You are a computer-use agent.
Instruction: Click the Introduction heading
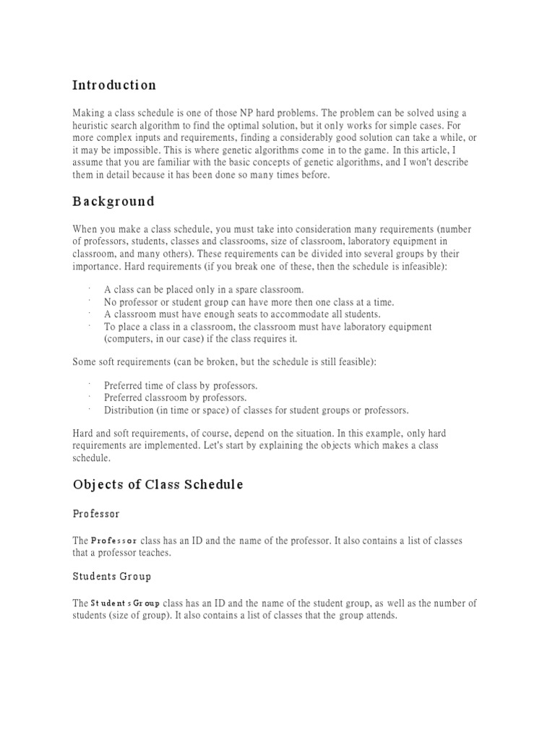[114, 85]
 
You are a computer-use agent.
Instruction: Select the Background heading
[113, 201]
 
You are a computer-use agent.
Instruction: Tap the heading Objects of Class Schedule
[158, 485]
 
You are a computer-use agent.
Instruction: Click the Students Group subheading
[111, 576]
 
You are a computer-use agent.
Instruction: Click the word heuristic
[93, 126]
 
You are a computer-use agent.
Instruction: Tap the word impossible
[133, 150]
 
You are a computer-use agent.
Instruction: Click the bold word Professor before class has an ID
[113, 541]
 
